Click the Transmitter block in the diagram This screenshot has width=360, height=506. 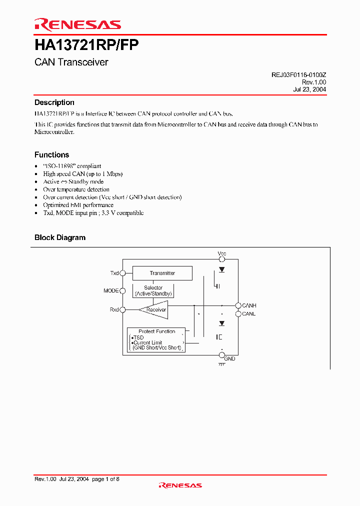pos(162,273)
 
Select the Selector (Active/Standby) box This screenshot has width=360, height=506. pos(153,290)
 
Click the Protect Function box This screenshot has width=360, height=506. pos(156,339)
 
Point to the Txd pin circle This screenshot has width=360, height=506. pos(122,273)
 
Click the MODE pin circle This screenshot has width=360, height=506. pos(122,290)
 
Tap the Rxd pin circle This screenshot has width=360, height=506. pos(122,310)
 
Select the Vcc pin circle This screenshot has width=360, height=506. pos(222,258)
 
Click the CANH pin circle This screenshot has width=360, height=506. pos(238,305)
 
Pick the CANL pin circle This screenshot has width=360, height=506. pos(238,314)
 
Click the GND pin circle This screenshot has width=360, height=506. pos(222,355)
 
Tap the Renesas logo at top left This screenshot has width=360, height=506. pos(77,24)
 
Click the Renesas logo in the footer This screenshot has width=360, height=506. pos(180,485)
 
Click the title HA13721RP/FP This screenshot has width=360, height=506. pos(86,45)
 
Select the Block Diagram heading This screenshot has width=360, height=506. pos(60,237)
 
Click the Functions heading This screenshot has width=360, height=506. pos(51,155)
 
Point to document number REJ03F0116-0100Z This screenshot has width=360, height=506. pos(299,74)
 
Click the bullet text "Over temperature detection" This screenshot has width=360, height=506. pos(76,189)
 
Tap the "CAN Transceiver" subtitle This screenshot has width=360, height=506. pos(71,62)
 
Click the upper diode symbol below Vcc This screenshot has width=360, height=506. pos(221,269)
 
